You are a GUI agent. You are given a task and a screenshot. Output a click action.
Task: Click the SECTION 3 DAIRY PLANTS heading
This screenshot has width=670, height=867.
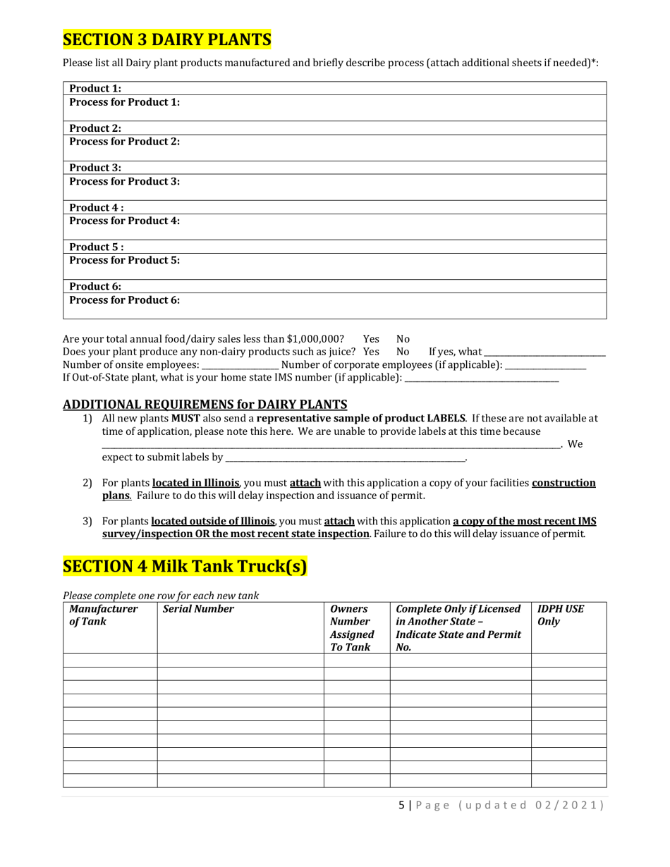tap(167, 39)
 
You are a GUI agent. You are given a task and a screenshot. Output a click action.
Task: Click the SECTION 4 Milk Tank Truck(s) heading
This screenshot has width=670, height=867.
tap(185, 566)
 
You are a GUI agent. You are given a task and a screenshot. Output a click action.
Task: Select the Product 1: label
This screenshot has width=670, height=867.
tap(95, 89)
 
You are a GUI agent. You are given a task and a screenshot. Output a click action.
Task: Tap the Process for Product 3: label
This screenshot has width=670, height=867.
tap(124, 181)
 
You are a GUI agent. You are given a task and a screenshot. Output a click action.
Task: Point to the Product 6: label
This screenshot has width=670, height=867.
tap(95, 286)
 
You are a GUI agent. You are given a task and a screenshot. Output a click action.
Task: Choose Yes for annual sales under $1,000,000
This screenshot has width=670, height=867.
tap(370, 338)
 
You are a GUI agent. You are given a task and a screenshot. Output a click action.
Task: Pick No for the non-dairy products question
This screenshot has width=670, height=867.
tap(403, 351)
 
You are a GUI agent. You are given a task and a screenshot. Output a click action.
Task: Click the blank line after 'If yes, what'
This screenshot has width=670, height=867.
tap(544, 352)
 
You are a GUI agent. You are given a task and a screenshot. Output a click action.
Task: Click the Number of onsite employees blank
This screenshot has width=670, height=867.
tap(240, 365)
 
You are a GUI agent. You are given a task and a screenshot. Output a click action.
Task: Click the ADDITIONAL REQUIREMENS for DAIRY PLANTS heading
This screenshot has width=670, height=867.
tap(205, 404)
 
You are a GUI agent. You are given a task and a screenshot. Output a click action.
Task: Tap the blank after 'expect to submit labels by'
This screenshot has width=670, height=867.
tap(345, 458)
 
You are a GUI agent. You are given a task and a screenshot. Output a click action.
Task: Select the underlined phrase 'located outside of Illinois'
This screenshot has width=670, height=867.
tap(213, 522)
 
